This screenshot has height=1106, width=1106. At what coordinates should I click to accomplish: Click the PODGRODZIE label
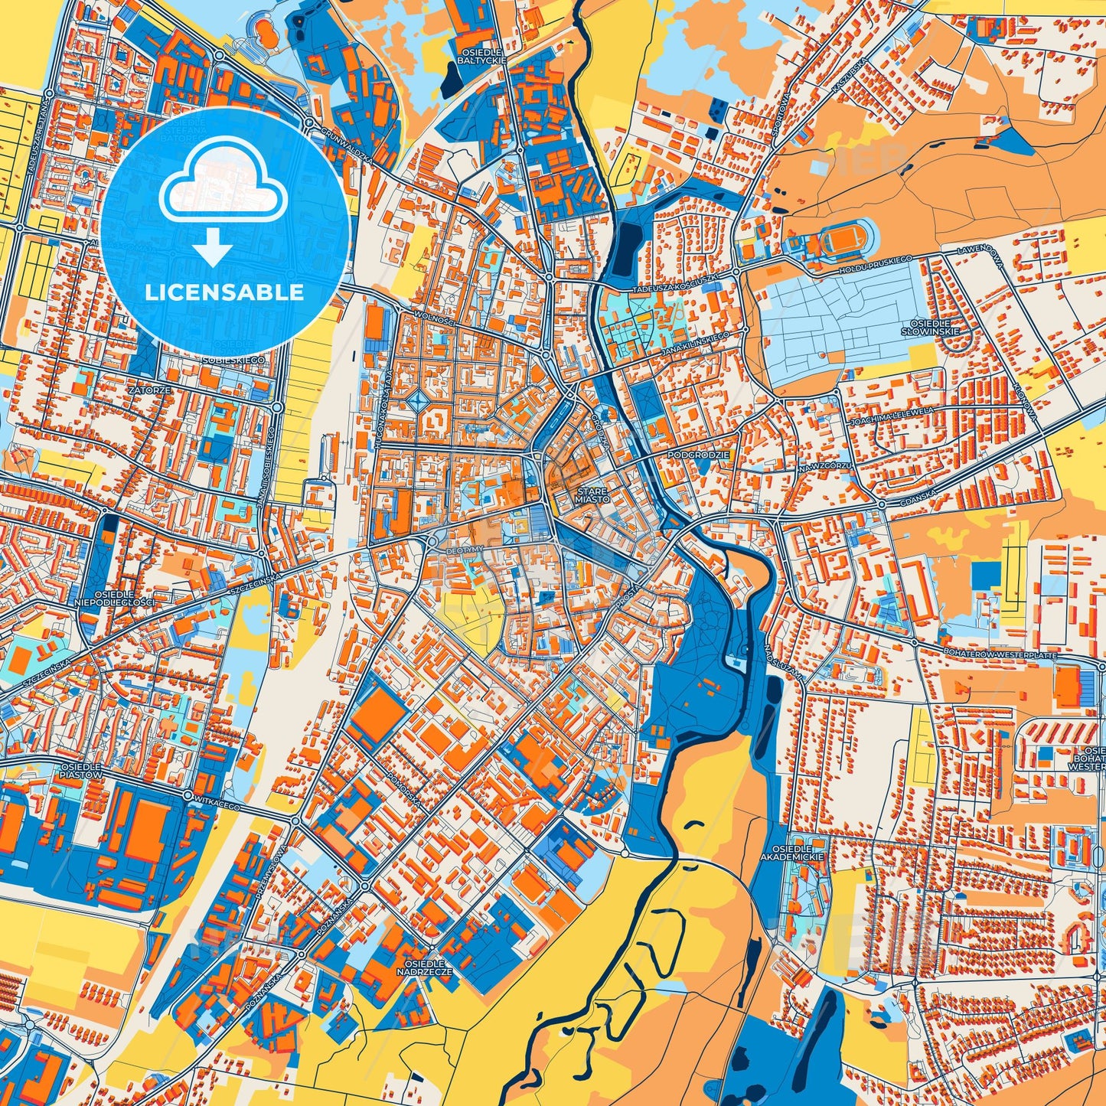pos(699,455)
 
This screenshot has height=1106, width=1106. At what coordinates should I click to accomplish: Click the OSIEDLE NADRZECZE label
pos(425,967)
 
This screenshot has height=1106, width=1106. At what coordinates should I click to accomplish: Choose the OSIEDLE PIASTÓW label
pos(80,771)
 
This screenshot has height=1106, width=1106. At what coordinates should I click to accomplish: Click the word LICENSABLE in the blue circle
pos(224,292)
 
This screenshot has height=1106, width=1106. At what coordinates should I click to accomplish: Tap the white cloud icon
pos(223,187)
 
